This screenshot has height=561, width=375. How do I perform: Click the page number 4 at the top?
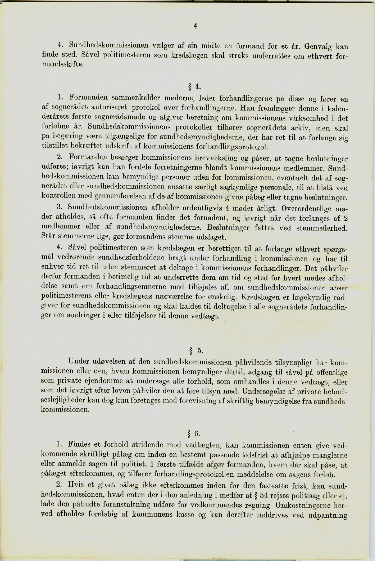click(x=196, y=26)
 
